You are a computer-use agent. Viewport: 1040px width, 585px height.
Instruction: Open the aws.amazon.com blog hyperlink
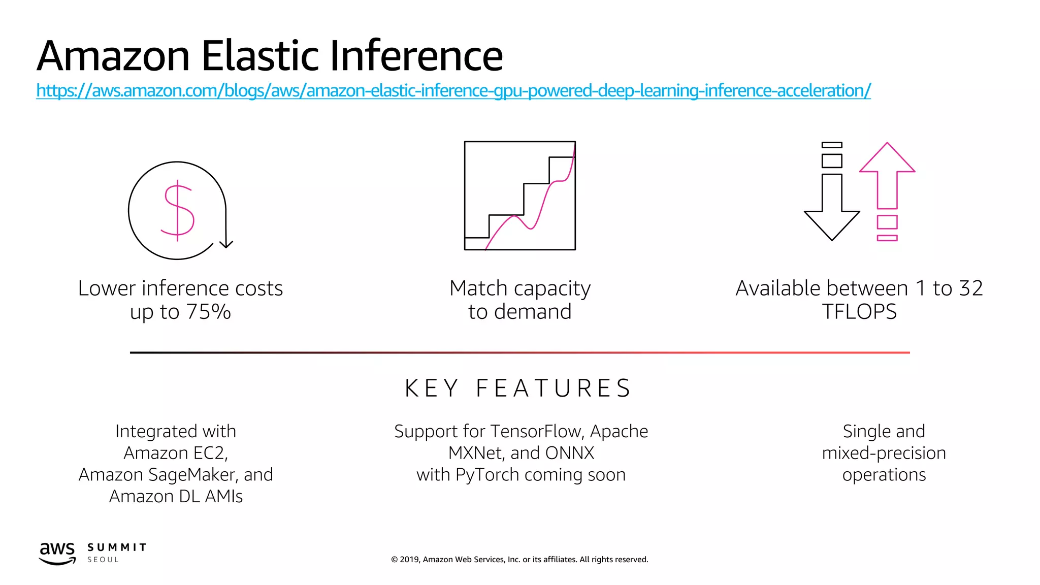(x=453, y=90)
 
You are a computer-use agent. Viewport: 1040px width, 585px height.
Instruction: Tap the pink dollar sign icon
(x=177, y=210)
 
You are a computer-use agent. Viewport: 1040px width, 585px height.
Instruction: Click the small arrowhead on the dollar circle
(x=226, y=244)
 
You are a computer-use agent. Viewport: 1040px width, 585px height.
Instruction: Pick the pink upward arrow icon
(x=887, y=175)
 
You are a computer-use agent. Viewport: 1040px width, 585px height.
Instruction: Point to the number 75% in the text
(x=208, y=312)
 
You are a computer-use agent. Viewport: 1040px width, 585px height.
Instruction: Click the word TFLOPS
(x=859, y=312)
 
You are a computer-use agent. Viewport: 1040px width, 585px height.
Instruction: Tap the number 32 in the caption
(x=970, y=288)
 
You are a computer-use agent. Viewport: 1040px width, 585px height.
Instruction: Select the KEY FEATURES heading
(x=518, y=388)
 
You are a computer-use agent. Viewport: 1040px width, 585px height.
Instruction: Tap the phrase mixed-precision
(x=884, y=453)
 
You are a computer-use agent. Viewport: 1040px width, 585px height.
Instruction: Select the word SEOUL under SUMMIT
(x=103, y=560)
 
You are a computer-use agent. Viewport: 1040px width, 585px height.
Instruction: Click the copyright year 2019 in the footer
(x=409, y=560)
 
